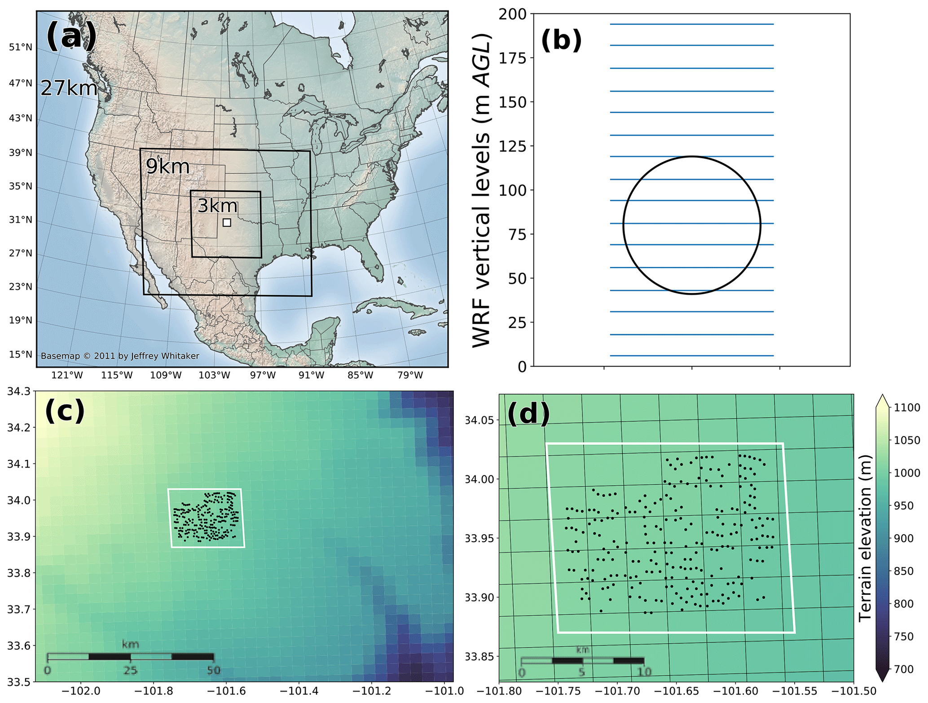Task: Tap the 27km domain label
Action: point(69,88)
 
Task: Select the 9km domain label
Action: point(167,166)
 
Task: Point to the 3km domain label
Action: point(217,205)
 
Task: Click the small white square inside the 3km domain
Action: point(227,222)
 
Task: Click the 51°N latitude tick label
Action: point(21,47)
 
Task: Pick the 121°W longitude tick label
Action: point(67,375)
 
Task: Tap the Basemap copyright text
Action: point(120,356)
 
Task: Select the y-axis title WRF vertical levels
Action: point(482,190)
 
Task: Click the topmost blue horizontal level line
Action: point(691,24)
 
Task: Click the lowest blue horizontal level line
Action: point(691,356)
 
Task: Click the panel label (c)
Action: point(65,410)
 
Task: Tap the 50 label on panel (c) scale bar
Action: point(214,670)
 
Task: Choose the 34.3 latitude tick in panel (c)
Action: point(19,391)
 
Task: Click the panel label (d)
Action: point(528,413)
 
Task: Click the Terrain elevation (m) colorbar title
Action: point(865,538)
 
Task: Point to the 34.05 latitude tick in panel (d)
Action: point(479,420)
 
